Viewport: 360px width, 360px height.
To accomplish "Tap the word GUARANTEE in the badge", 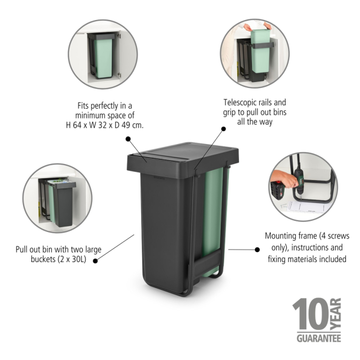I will (x=318, y=339).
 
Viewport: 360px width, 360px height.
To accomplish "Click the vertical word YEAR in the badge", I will (x=336, y=315).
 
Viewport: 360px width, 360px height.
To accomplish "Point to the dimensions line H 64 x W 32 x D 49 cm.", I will (x=104, y=125).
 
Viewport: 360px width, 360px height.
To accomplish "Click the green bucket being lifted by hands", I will (x=259, y=46).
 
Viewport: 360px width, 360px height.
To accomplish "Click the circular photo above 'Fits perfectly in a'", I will (x=103, y=54).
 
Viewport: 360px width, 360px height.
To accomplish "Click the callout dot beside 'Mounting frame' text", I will (x=257, y=250).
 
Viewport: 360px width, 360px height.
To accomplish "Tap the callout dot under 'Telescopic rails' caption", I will (x=224, y=128).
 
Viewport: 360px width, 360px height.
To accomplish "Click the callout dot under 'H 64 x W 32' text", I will (x=128, y=139).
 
